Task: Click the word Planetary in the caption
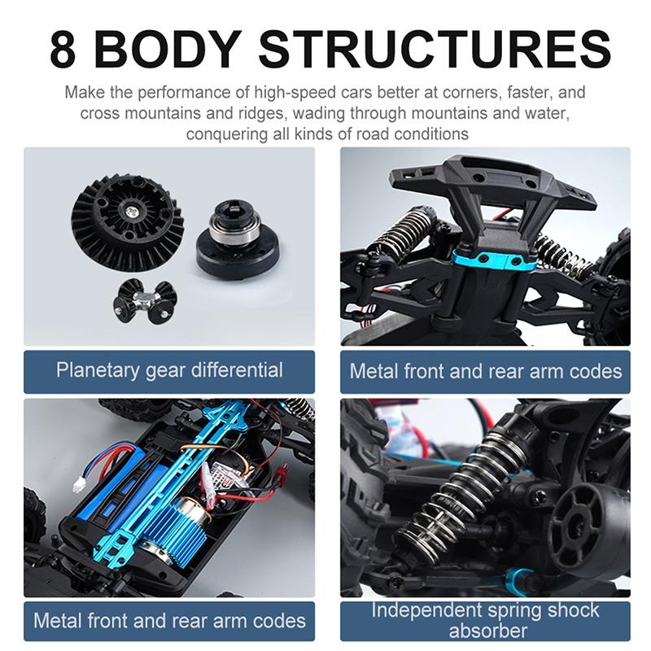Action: pyautogui.click(x=97, y=370)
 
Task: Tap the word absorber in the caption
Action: pyautogui.click(x=487, y=631)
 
